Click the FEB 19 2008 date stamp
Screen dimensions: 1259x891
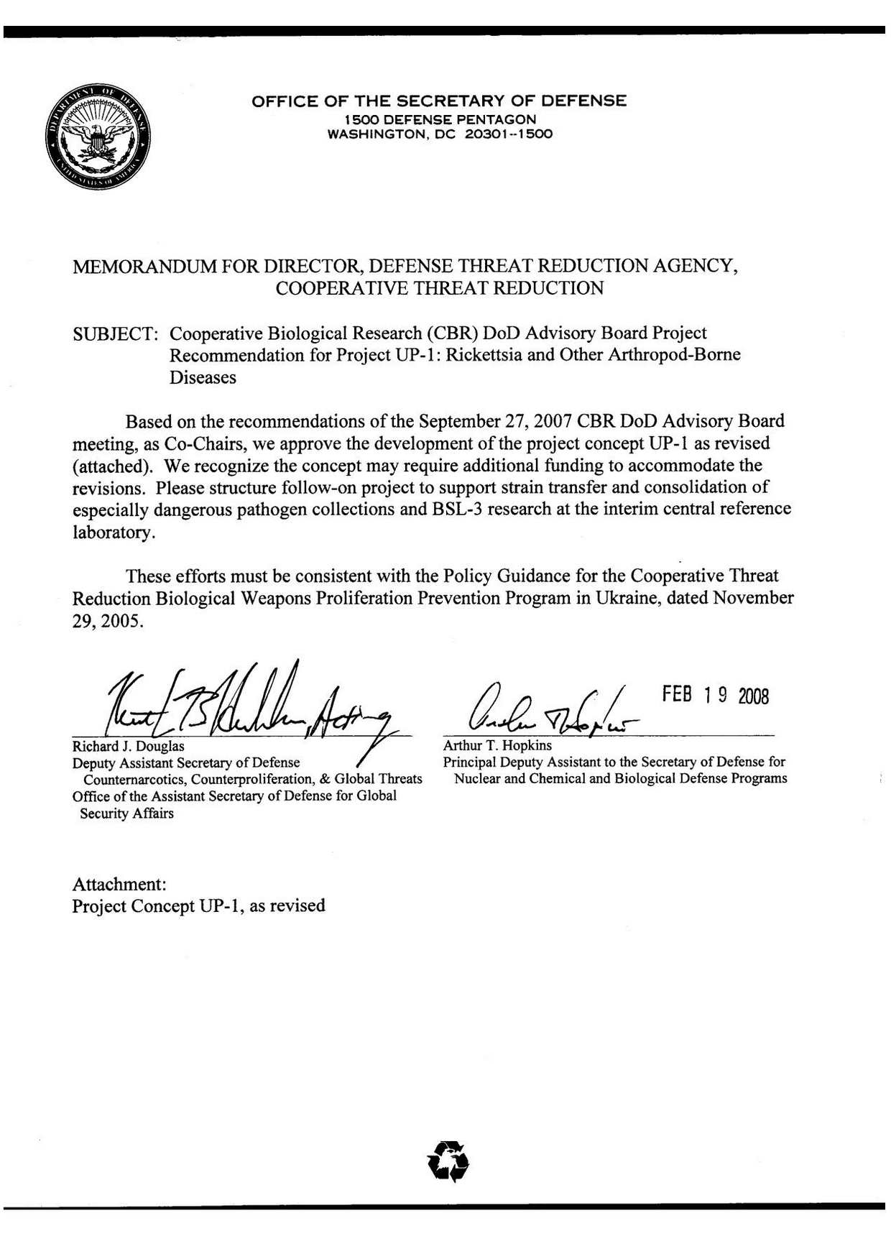click(x=715, y=695)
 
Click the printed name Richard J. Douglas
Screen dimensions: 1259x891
click(x=128, y=746)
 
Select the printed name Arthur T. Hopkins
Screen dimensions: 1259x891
click(x=497, y=745)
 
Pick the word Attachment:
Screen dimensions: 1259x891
click(x=119, y=884)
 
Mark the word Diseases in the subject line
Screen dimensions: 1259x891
click(x=203, y=378)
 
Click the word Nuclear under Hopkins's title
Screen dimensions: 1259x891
click(x=478, y=778)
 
